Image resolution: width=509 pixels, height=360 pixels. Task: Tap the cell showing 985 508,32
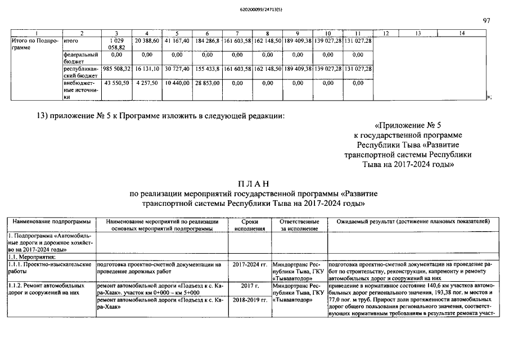point(116,69)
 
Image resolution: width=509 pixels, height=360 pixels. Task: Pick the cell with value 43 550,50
point(116,83)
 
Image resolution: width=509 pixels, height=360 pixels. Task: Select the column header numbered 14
point(461,34)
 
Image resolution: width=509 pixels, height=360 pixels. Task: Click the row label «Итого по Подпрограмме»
point(34,44)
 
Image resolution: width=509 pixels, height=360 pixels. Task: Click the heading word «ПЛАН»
point(254,184)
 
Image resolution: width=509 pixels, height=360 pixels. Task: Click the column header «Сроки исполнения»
point(249,225)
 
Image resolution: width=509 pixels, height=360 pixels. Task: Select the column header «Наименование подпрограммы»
point(51,222)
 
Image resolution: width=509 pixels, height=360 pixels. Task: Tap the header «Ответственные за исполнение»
point(299,225)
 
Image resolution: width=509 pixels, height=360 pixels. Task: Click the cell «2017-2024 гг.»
point(249,264)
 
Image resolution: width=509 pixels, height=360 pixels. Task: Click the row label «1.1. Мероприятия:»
point(26,256)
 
